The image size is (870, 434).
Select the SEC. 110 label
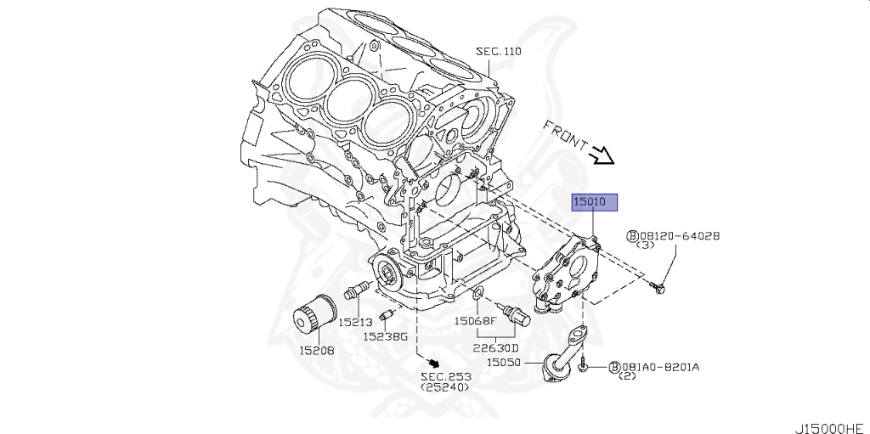498,52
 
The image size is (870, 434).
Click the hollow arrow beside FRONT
602,155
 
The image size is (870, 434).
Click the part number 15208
315,349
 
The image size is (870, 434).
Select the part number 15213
356,322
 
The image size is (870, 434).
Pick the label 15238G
386,336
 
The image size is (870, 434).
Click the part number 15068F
475,321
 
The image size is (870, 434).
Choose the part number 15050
504,362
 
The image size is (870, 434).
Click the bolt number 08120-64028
679,235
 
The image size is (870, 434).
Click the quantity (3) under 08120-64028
645,245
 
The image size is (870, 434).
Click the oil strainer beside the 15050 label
556,361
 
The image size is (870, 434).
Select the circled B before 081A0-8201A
613,367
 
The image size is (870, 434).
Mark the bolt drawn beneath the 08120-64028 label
659,289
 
